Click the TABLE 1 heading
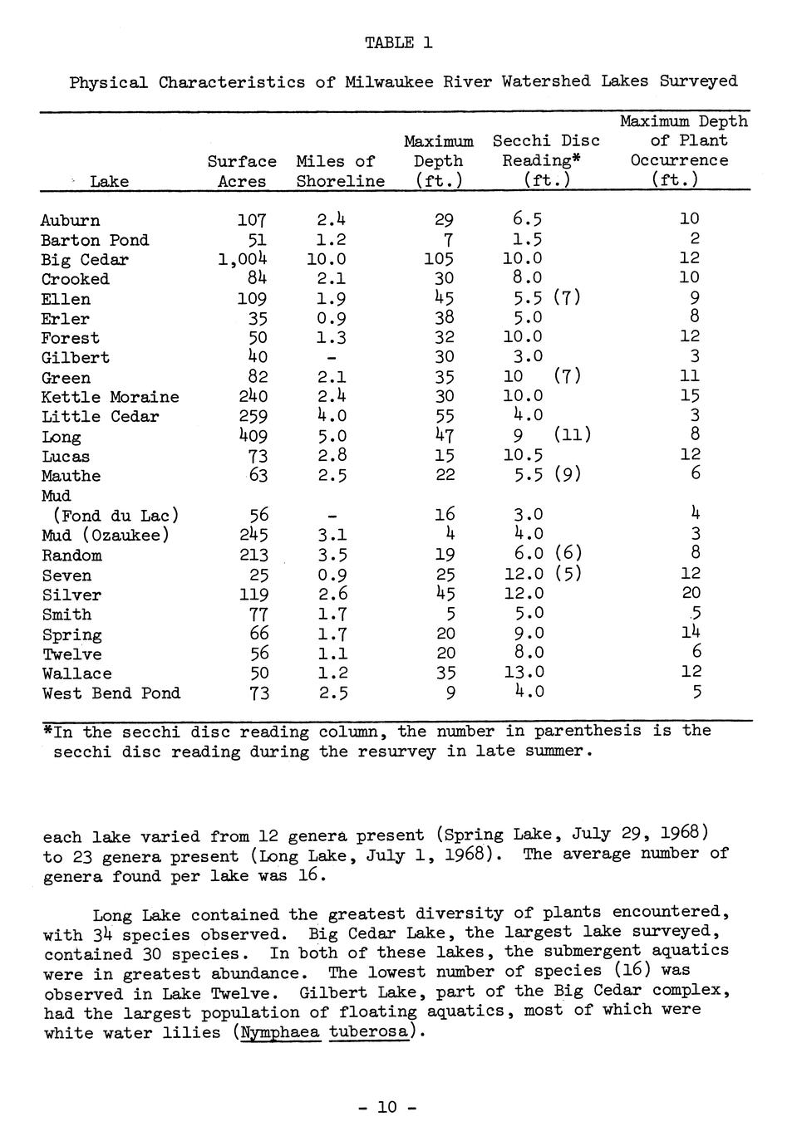[399, 42]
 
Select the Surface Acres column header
[242, 171]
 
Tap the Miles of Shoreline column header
[340, 171]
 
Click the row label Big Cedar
[85, 260]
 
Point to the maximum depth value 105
[440, 260]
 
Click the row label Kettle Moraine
[111, 397]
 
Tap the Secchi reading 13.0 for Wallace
[524, 673]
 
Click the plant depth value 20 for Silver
[691, 593]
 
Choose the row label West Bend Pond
[111, 693]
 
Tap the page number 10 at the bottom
[388, 1107]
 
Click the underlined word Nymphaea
[279, 1033]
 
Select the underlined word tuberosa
[369, 1033]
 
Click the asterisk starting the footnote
[47, 731]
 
